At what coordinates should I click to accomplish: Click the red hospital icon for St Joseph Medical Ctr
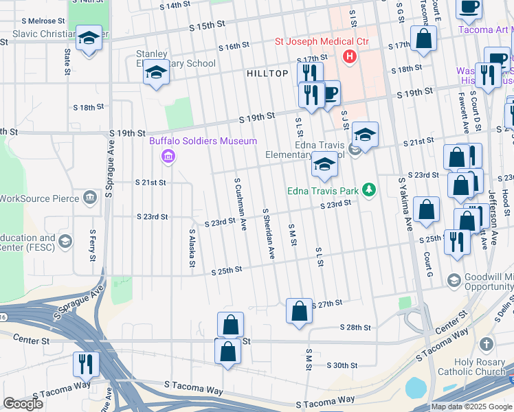click(x=350, y=56)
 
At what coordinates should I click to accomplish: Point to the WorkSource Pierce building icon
click(x=90, y=198)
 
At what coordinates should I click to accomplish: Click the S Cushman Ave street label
click(x=241, y=204)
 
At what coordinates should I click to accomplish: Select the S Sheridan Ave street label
click(x=268, y=233)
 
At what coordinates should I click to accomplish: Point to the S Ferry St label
click(x=92, y=245)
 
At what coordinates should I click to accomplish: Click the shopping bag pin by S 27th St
click(x=299, y=310)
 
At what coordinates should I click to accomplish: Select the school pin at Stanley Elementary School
click(x=156, y=74)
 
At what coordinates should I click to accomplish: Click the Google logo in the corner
click(x=23, y=404)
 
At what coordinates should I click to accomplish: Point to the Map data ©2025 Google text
click(x=471, y=407)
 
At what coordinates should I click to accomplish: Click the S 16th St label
click(x=234, y=47)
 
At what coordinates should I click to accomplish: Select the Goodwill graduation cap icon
click(x=454, y=280)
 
